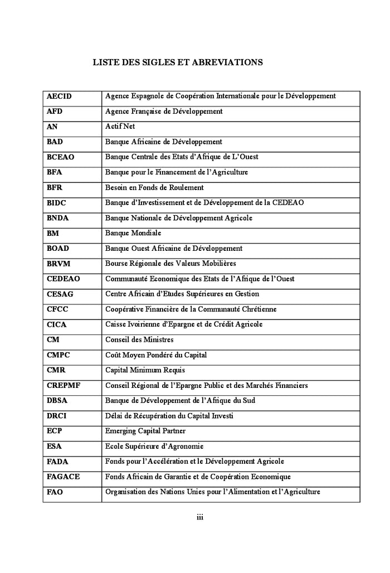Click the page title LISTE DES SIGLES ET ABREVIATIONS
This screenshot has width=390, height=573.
pos(177,63)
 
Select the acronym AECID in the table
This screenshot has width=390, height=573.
pos(59,96)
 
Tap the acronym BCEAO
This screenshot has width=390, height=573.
pos(60,157)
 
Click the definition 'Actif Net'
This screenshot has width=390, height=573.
pos(120,127)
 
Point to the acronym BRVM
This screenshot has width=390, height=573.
pos(58,264)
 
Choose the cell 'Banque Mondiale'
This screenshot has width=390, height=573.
pos(133,233)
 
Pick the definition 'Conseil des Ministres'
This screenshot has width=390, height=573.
pos(139,339)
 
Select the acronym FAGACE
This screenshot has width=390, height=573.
pos(63,477)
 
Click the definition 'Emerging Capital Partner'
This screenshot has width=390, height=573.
pos(145,431)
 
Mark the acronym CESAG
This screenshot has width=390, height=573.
pos(60,294)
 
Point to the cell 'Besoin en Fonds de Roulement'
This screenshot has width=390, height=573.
pos(154,188)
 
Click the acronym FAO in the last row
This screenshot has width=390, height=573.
pos(55,492)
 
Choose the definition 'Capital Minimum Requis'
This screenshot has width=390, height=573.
pos(145,370)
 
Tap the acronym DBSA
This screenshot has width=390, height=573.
pos(58,401)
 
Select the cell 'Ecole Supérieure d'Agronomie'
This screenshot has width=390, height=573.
pos(154,446)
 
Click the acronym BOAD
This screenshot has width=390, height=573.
pos(58,249)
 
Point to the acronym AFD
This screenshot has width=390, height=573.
pos(55,111)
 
